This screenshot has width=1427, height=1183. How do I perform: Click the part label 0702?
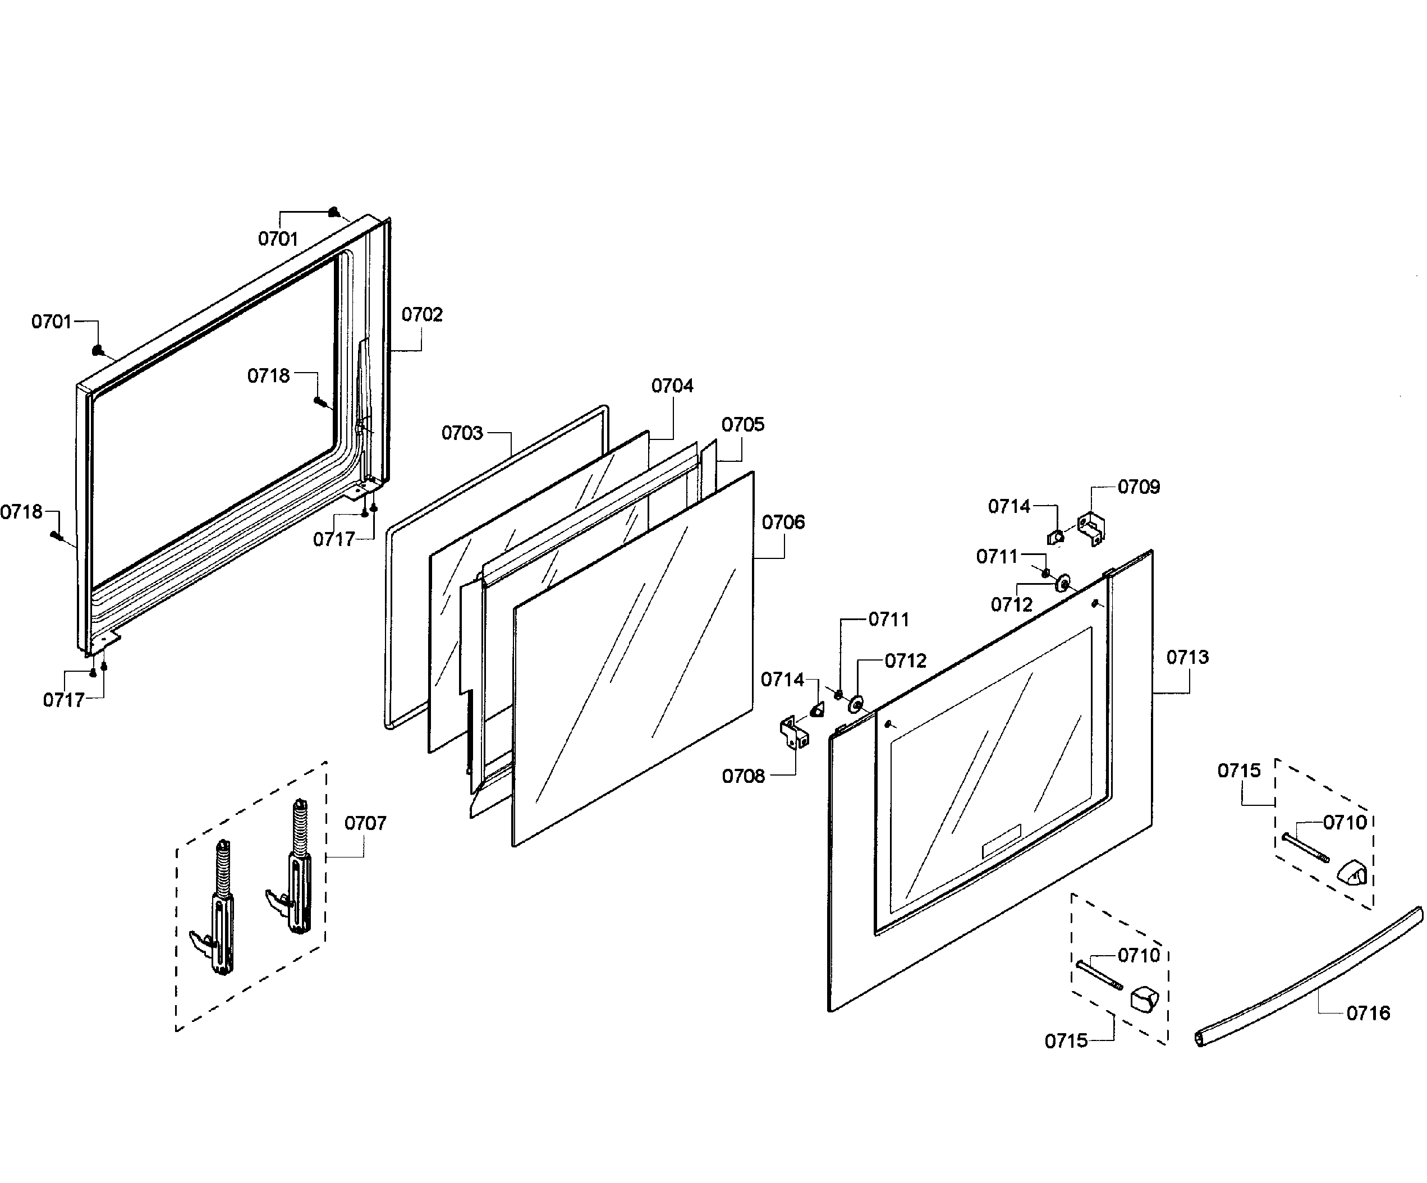pyautogui.click(x=421, y=315)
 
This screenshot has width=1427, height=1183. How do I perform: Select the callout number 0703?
pyautogui.click(x=462, y=433)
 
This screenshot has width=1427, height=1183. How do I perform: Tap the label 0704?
pyautogui.click(x=672, y=386)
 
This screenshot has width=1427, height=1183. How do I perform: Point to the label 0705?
pyautogui.click(x=743, y=425)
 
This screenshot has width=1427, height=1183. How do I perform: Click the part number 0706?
pyautogui.click(x=783, y=522)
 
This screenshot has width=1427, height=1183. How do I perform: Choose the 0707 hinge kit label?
pyautogui.click(x=365, y=823)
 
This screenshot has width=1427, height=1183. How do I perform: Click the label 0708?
pyautogui.click(x=744, y=776)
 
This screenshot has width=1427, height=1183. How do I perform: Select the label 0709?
pyautogui.click(x=1139, y=487)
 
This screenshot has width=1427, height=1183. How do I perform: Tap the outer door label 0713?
pyautogui.click(x=1188, y=657)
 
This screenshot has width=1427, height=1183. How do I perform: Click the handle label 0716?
pyautogui.click(x=1368, y=1013)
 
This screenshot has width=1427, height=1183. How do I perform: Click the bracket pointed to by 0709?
pyautogui.click(x=1091, y=529)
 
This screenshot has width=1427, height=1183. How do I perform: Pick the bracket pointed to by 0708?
pyautogui.click(x=793, y=732)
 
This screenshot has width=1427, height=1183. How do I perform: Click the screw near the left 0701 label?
pyautogui.click(x=98, y=350)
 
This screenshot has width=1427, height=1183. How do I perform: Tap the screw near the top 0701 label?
pyautogui.click(x=334, y=212)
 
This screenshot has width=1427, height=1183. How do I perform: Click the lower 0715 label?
pyautogui.click(x=1066, y=1041)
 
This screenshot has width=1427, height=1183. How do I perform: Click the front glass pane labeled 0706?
pyautogui.click(x=632, y=659)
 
